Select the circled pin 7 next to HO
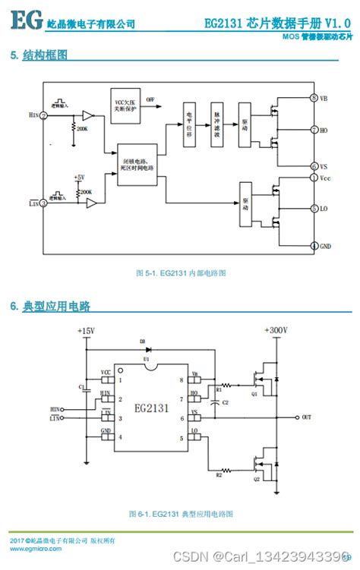pyautogui.click(x=313, y=130)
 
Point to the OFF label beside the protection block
pyautogui.click(x=150, y=99)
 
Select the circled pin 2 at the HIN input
pyautogui.click(x=43, y=115)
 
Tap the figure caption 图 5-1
pyautogui.click(x=180, y=272)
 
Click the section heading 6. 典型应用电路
pyautogui.click(x=50, y=306)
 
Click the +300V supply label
pyautogui.click(x=276, y=331)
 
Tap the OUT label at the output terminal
pyautogui.click(x=306, y=417)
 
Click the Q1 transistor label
pyautogui.click(x=254, y=394)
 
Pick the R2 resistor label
pyautogui.click(x=219, y=474)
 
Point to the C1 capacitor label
pyautogui.click(x=81, y=387)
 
